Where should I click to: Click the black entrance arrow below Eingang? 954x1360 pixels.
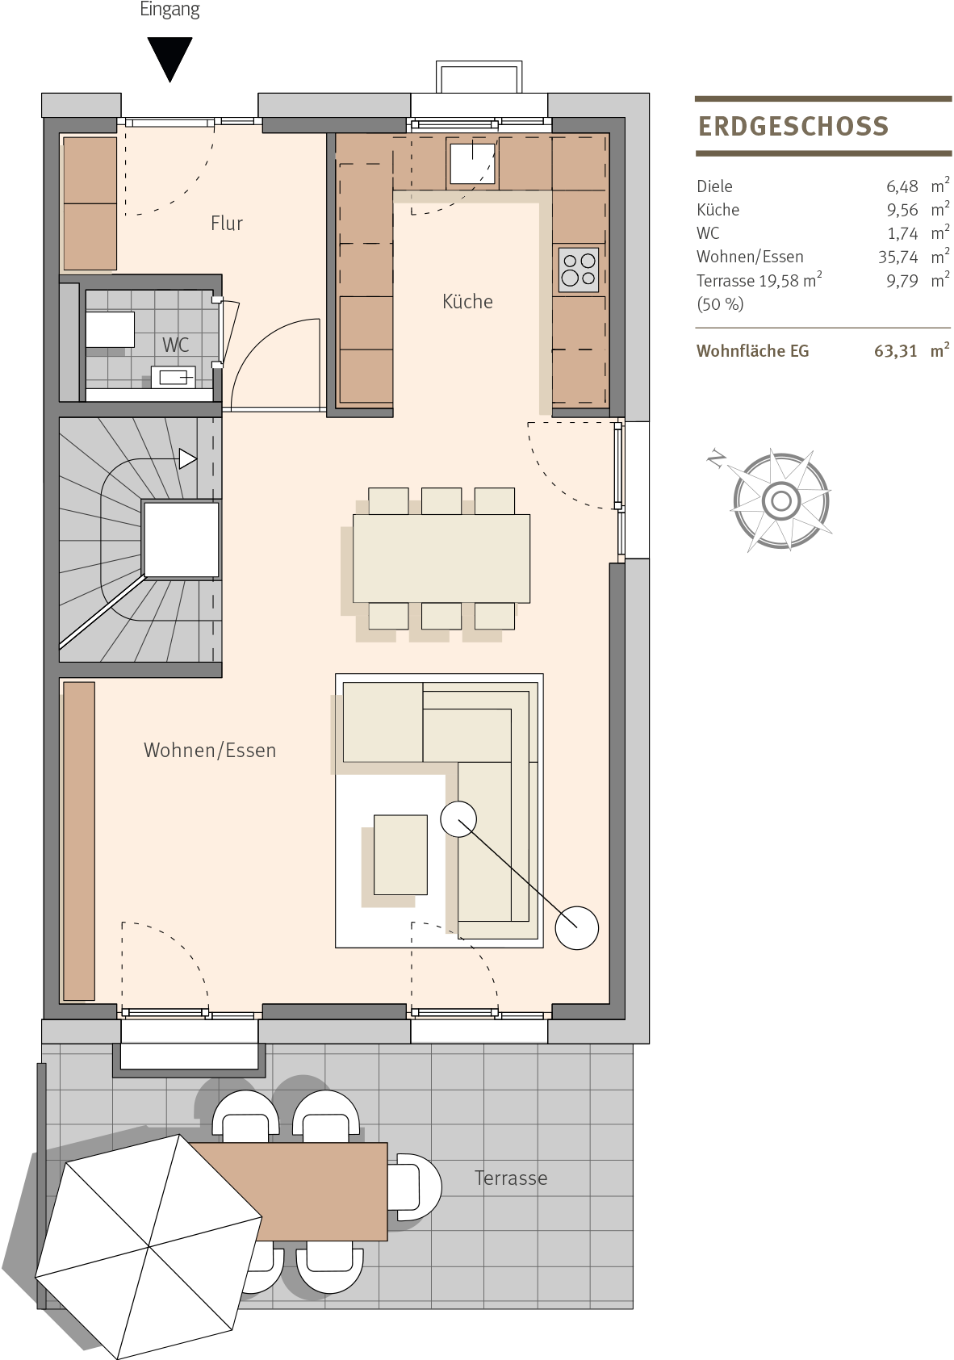pos(169,58)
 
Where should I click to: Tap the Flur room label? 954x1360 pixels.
pos(227,224)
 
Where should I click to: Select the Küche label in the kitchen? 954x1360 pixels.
pos(467,301)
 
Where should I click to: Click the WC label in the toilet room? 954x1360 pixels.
pos(175,345)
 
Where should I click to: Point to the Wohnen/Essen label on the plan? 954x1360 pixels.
pos(210,751)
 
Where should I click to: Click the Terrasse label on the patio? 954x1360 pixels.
pos(511,1178)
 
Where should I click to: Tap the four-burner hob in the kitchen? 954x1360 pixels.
pos(579,270)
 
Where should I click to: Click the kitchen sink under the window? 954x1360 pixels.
pos(472,163)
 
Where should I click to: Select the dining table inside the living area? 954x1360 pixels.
pos(441,559)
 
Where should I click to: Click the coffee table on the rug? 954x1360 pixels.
pos(401,855)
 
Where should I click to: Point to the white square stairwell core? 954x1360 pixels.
pos(181,539)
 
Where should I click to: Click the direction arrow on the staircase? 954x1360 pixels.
pos(187,458)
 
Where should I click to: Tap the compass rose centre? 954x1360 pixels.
pos(781,501)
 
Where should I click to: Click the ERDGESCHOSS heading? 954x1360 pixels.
pos(793,127)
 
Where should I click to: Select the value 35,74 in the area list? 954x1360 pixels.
pos(898,257)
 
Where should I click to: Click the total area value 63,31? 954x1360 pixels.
pos(896,351)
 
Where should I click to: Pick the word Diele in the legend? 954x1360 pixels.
pos(715,186)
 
